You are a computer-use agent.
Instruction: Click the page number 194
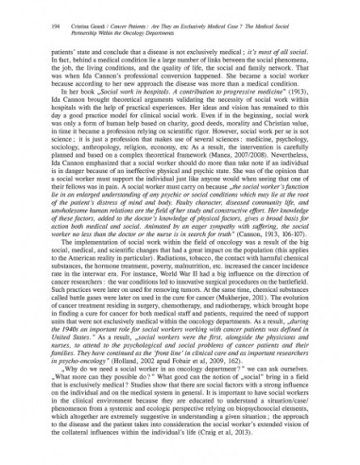coord(26,14)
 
